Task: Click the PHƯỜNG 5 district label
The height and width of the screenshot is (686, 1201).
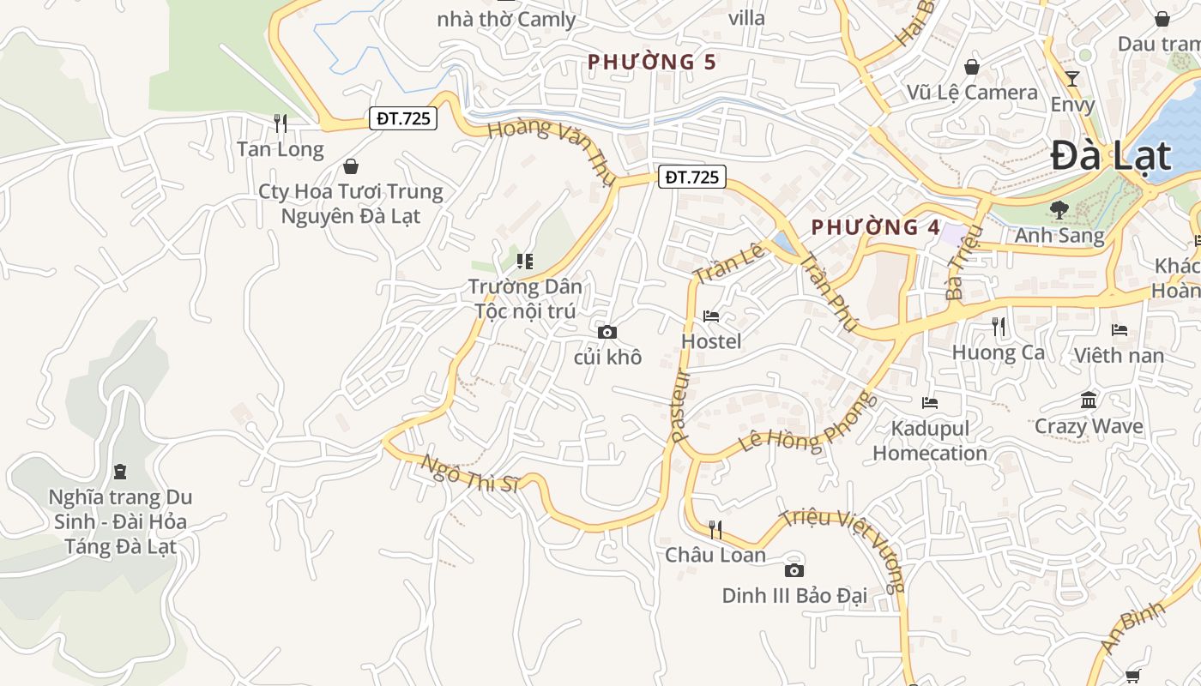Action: tap(651, 62)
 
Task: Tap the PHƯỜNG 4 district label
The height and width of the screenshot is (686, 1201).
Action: tap(875, 227)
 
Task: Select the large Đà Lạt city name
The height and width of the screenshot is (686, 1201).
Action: tap(1111, 156)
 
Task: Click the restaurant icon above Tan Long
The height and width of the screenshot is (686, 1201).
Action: tap(280, 123)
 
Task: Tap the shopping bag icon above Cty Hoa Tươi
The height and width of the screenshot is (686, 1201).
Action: tap(350, 166)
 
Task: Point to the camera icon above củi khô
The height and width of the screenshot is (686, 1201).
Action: tap(607, 332)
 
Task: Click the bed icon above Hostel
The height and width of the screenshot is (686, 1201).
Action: tap(710, 316)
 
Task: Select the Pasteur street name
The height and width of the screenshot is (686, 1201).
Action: tap(681, 405)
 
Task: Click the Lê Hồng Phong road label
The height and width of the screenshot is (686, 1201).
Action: tap(808, 423)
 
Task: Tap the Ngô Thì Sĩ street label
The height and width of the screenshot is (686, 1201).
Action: tap(470, 473)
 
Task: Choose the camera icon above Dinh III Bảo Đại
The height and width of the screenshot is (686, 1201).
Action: tap(794, 570)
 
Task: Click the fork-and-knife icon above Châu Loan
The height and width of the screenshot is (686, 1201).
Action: tap(715, 529)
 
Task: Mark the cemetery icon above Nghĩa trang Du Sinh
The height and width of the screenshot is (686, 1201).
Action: tap(120, 472)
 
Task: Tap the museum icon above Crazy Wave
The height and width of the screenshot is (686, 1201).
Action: tap(1089, 400)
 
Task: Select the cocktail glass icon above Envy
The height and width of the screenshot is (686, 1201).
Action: tap(1072, 79)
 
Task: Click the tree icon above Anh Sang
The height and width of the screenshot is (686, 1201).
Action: tap(1059, 209)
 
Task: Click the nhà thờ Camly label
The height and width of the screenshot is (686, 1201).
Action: tap(506, 19)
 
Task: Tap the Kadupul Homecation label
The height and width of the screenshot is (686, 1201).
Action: tap(930, 441)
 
